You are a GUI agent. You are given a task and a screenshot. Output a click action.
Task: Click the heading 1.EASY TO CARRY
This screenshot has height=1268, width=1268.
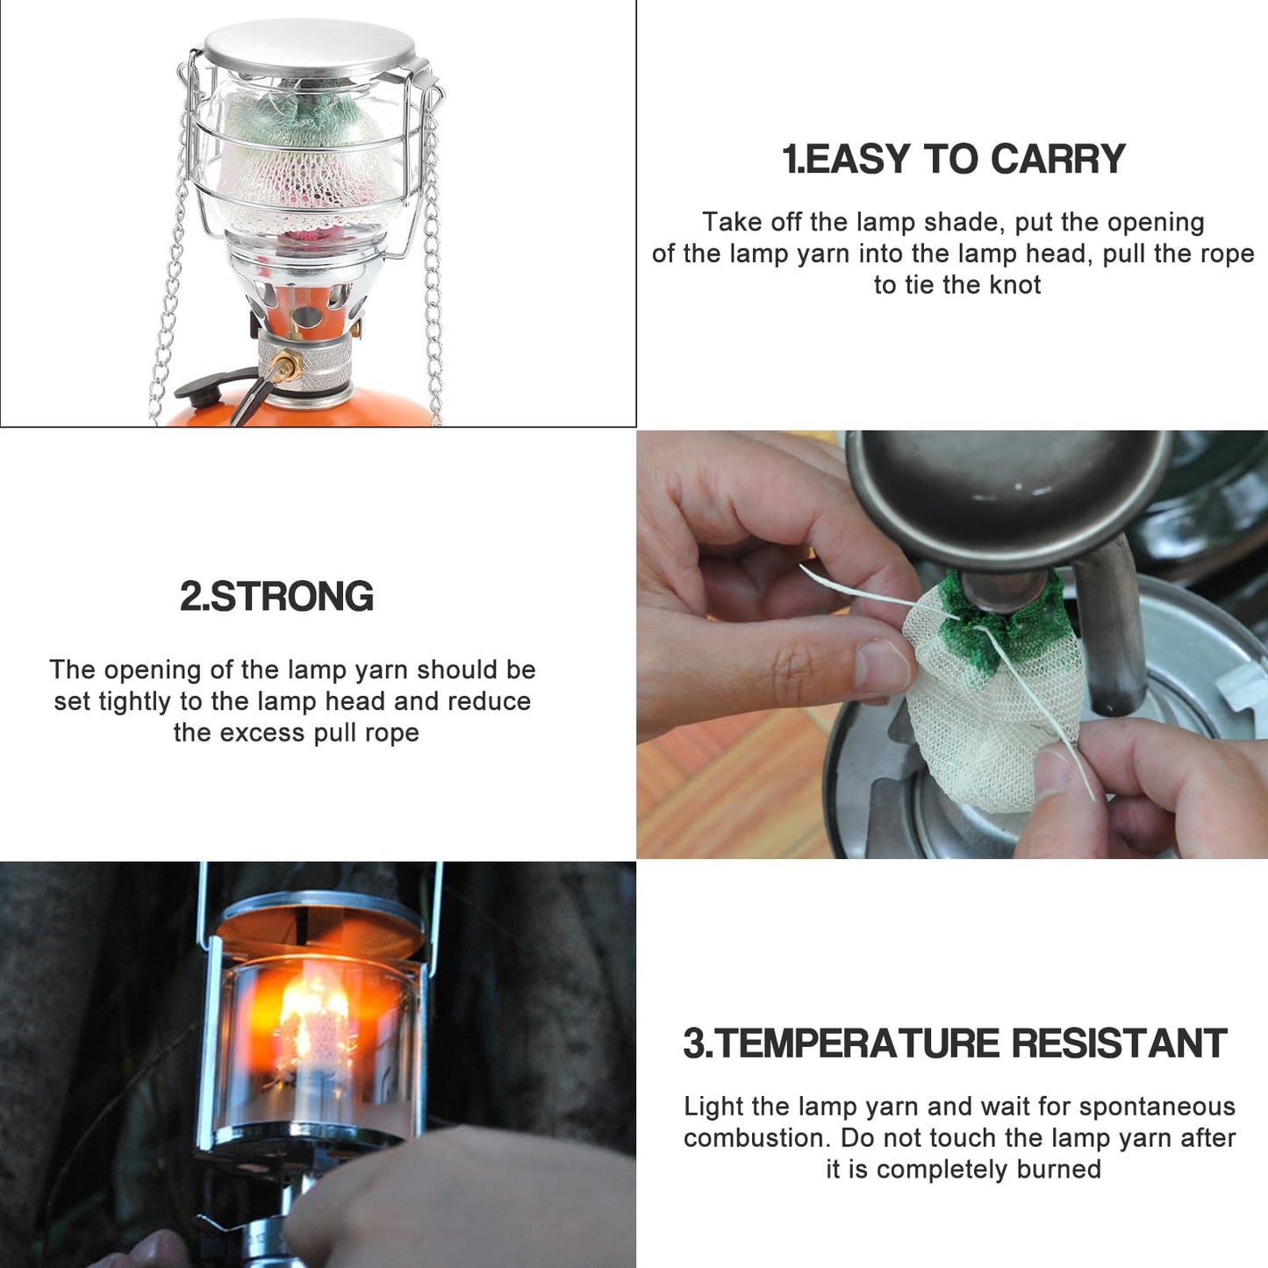[954, 159]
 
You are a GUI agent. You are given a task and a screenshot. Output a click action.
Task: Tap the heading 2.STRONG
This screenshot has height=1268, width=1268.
[277, 596]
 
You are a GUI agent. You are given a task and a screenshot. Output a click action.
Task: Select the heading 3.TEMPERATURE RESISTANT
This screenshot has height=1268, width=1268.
[955, 1043]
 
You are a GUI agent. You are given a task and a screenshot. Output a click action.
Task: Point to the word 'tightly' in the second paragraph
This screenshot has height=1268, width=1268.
[136, 702]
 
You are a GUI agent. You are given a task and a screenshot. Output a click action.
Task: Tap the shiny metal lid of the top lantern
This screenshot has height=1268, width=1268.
[309, 45]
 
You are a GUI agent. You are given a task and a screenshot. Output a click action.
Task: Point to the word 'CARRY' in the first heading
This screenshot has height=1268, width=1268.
[1059, 159]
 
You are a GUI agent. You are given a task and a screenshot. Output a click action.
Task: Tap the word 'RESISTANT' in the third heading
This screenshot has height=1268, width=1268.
[1119, 1043]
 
